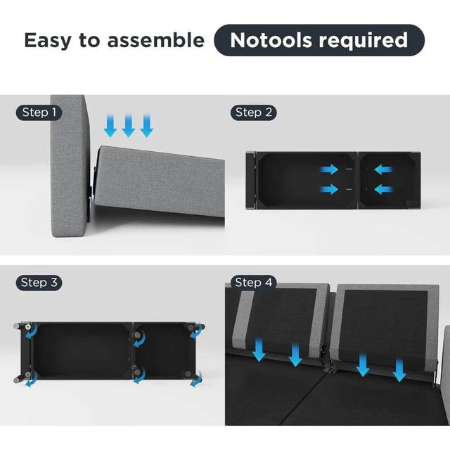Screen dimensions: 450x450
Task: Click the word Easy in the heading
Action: [48, 41]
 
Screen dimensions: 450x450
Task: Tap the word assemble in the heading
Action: [156, 40]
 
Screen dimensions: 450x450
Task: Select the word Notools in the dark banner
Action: [271, 40]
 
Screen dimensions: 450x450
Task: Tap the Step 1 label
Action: [39, 112]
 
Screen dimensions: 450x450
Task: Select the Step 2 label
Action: [253, 112]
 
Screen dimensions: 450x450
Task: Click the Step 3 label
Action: [39, 283]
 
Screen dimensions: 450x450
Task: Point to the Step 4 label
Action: [253, 283]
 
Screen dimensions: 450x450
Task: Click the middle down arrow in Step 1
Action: [128, 125]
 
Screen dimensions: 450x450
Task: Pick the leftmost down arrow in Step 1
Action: [110, 125]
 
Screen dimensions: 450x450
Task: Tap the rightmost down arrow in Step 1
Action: [147, 125]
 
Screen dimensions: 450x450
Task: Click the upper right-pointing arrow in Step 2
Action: [329, 169]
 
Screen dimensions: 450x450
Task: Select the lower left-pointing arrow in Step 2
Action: [384, 189]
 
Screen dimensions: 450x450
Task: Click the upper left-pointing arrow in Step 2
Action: [384, 169]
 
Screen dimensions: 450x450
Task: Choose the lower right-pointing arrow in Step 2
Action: [329, 189]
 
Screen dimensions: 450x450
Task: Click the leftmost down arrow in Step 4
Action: [259, 349]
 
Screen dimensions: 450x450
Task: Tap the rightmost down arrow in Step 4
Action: [399, 371]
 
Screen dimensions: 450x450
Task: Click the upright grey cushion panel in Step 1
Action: [69, 166]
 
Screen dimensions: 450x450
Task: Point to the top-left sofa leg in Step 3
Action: [22, 326]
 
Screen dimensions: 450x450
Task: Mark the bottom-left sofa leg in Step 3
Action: [22, 377]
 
